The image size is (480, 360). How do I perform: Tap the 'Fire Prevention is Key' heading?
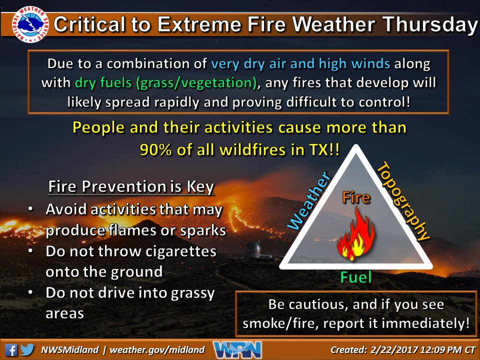(x=131, y=187)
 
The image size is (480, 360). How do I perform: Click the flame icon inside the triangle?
(x=355, y=235)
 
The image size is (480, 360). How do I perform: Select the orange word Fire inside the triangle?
(x=355, y=197)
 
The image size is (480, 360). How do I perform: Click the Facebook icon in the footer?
(x=11, y=349)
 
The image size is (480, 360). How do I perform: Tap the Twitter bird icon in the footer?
(x=28, y=349)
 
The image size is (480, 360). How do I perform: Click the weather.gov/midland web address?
(x=158, y=350)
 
